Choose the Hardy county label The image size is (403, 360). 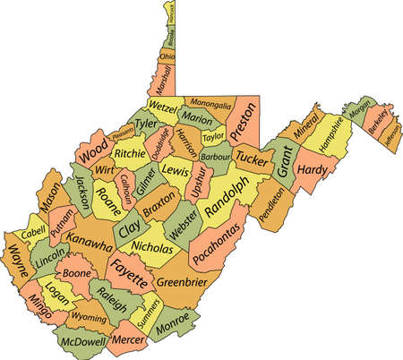[x=313, y=167]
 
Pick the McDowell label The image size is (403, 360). [x=81, y=341]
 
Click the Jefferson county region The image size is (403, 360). [x=391, y=134]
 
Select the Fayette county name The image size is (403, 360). [x=131, y=273]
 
